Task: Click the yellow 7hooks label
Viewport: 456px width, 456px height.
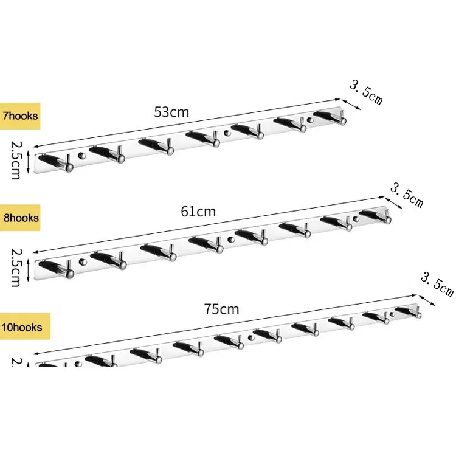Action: [20, 116]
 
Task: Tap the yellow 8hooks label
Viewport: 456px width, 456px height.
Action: [20, 218]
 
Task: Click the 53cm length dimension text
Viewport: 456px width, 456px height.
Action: [171, 112]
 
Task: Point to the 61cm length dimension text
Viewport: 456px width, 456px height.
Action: [198, 212]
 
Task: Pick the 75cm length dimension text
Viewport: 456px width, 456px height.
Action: [221, 309]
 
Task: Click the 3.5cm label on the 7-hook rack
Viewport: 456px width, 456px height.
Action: [365, 92]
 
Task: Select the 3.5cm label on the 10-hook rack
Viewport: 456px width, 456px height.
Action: [438, 283]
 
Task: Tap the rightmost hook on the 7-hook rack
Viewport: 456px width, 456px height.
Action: [331, 117]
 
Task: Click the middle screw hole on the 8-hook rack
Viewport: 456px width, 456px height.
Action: [230, 240]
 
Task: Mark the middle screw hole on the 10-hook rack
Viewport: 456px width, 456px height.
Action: [250, 337]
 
